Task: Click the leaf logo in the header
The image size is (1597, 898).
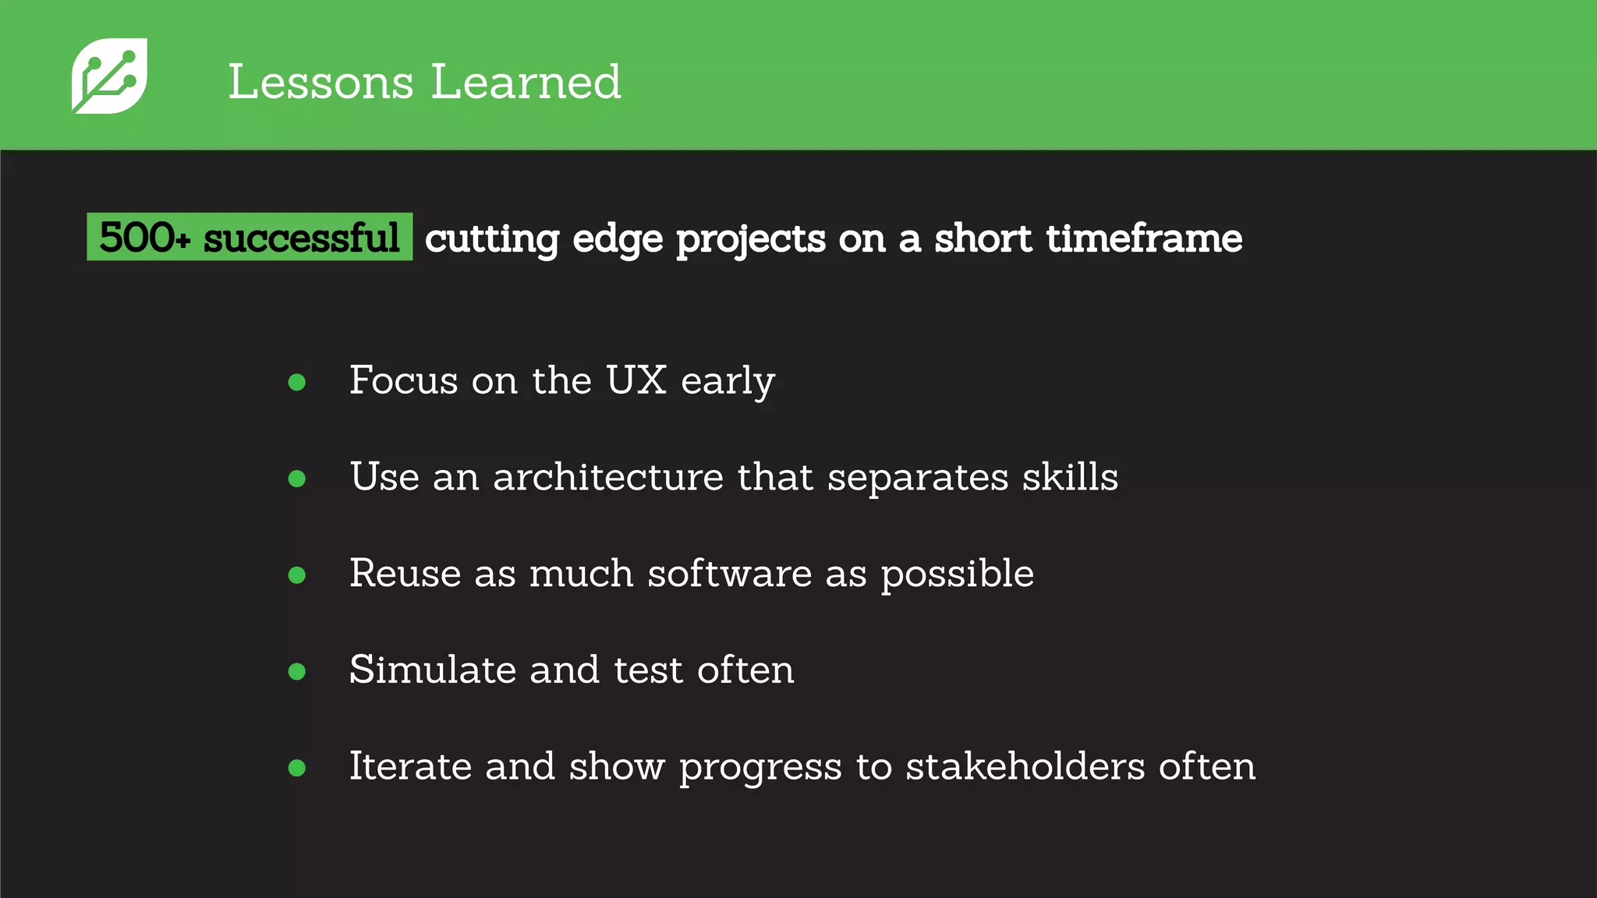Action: pyautogui.click(x=109, y=76)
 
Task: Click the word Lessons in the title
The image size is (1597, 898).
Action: pyautogui.click(x=320, y=82)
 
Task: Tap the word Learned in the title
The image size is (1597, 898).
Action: pyautogui.click(x=526, y=82)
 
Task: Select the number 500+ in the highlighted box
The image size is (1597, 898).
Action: pyautogui.click(x=144, y=237)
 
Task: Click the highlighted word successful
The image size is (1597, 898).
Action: pyautogui.click(x=301, y=237)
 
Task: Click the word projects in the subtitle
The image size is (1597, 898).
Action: pyautogui.click(x=750, y=239)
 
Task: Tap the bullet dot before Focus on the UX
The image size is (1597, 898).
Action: pyautogui.click(x=297, y=382)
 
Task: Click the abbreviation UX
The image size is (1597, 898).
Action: pyautogui.click(x=636, y=380)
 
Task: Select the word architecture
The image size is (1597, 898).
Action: pyautogui.click(x=608, y=477)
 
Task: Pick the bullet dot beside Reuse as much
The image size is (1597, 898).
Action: pyautogui.click(x=297, y=575)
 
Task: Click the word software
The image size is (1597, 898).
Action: pyautogui.click(x=730, y=574)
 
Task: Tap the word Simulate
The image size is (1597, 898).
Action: pyautogui.click(x=432, y=670)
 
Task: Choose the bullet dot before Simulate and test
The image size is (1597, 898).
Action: pyautogui.click(x=297, y=671)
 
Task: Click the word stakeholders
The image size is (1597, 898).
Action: pyautogui.click(x=1025, y=766)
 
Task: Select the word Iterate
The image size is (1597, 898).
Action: pyautogui.click(x=410, y=766)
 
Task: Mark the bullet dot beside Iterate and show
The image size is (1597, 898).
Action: pyautogui.click(x=297, y=768)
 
